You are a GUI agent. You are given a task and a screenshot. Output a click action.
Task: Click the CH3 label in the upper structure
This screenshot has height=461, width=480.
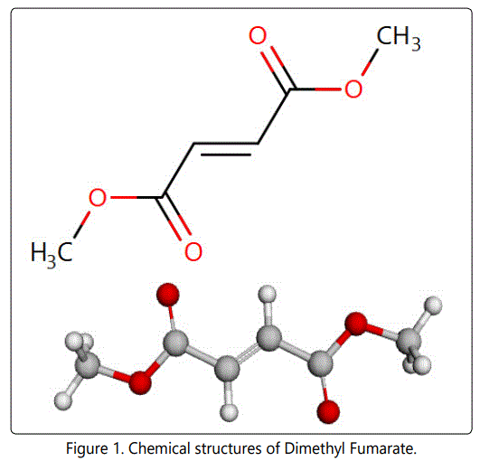[399, 38]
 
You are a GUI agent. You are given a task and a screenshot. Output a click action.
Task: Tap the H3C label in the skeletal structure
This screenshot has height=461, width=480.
[52, 254]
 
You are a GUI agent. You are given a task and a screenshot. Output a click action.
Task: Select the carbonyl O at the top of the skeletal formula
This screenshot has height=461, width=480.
[258, 35]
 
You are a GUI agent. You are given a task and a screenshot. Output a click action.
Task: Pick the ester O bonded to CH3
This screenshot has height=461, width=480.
[353, 89]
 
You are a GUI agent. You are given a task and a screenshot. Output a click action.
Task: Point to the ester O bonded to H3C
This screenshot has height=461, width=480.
[98, 197]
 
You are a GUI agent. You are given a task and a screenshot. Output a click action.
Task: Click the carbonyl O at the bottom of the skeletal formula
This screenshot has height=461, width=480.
[193, 251]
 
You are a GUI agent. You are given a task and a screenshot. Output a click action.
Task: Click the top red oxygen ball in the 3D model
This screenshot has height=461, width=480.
[168, 295]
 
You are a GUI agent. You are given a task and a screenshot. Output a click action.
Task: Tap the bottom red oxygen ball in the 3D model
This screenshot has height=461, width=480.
[328, 411]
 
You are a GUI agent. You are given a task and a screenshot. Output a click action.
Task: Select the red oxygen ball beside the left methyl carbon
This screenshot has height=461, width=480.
[140, 382]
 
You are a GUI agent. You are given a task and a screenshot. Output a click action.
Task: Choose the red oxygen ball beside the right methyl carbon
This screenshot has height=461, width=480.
[356, 324]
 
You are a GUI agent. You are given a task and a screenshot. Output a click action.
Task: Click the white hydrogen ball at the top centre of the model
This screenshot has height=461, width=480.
[267, 295]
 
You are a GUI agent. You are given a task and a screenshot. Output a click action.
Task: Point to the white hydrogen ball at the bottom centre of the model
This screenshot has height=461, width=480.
[229, 412]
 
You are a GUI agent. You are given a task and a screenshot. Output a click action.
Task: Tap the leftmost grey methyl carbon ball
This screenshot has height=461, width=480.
[88, 366]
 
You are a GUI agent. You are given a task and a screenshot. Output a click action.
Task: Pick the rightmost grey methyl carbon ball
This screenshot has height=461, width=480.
[409, 341]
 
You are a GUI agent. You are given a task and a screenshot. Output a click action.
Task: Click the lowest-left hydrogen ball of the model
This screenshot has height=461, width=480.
[63, 400]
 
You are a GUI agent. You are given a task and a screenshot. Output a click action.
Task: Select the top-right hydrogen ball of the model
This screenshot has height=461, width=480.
[434, 306]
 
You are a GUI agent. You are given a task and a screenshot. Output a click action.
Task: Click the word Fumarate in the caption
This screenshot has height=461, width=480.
[383, 448]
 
